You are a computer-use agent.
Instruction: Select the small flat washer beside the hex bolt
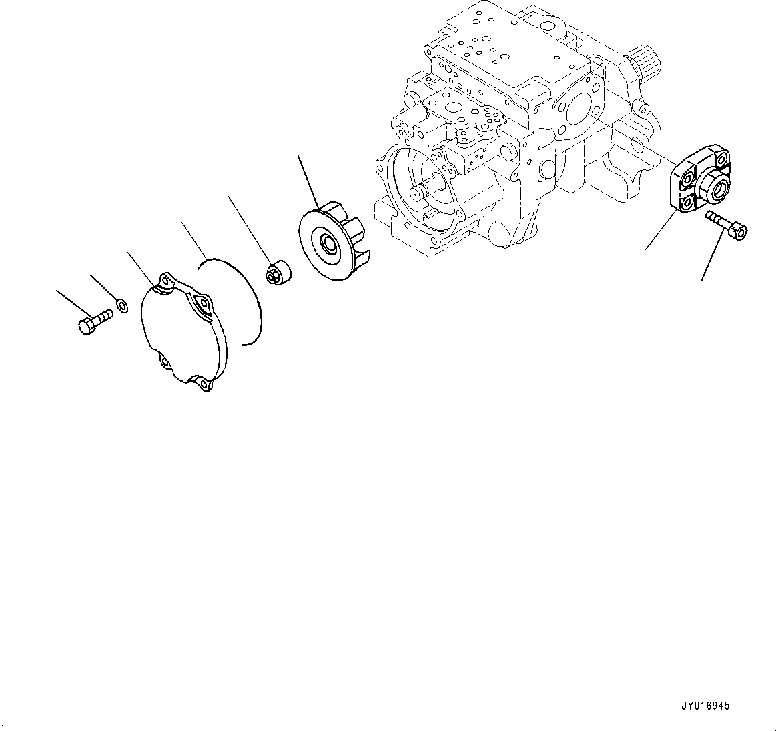[x=122, y=306]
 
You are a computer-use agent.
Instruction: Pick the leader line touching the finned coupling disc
[x=308, y=180]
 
